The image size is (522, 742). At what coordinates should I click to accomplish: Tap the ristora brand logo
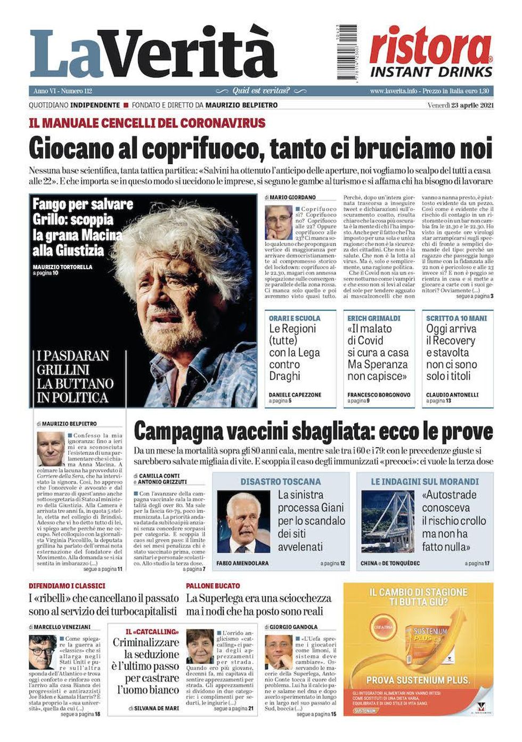click(431, 47)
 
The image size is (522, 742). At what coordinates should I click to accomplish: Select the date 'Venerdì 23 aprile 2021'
click(460, 105)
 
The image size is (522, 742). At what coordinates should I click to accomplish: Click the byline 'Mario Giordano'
click(292, 197)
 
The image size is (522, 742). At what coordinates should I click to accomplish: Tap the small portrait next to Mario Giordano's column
click(279, 222)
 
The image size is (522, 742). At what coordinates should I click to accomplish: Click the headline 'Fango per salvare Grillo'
click(83, 227)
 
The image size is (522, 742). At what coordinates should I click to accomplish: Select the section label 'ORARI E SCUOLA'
click(295, 318)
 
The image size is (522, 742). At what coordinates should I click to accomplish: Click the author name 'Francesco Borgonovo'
click(379, 395)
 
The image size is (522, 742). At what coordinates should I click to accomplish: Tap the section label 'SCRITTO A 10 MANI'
click(456, 318)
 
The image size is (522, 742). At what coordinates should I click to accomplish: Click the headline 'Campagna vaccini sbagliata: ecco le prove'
click(313, 431)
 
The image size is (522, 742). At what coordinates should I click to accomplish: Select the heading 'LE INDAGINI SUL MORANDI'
click(425, 481)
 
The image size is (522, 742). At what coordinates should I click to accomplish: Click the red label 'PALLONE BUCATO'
click(213, 586)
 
